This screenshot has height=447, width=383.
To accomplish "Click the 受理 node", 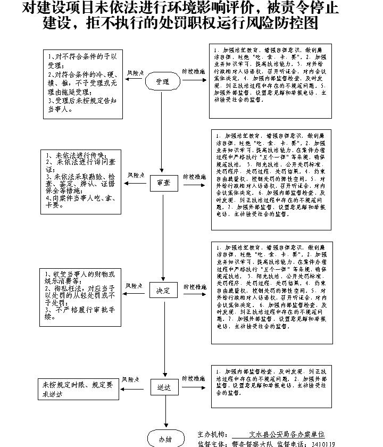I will [x=163, y=82].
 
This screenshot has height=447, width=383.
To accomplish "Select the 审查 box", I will [x=163, y=183].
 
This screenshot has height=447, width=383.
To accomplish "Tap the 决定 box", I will [x=163, y=291].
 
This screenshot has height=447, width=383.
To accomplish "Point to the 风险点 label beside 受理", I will [x=135, y=72].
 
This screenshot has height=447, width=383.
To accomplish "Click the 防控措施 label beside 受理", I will [x=194, y=71].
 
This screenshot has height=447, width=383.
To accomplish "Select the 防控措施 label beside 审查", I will [x=195, y=176].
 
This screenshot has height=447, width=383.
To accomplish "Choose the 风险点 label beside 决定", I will [x=135, y=286].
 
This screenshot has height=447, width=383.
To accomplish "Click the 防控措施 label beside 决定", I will [x=195, y=287].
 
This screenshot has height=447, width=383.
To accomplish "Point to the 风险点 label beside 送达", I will [x=131, y=379].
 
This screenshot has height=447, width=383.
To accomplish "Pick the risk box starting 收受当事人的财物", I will [x=80, y=296].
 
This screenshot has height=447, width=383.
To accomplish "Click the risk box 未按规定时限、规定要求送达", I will [x=78, y=389].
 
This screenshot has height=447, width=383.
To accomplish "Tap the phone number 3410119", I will [x=322, y=443].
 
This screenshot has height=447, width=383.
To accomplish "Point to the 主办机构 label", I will [x=212, y=434].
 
